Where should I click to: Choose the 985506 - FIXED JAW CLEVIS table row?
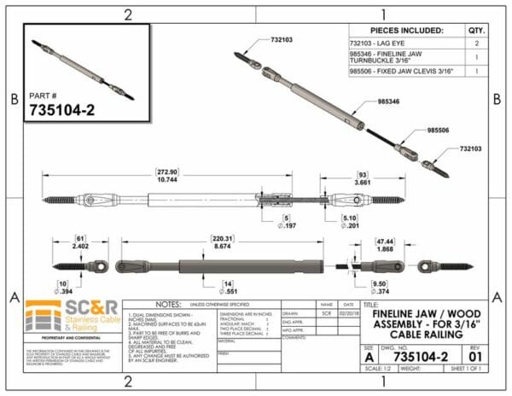pos(401,73)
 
